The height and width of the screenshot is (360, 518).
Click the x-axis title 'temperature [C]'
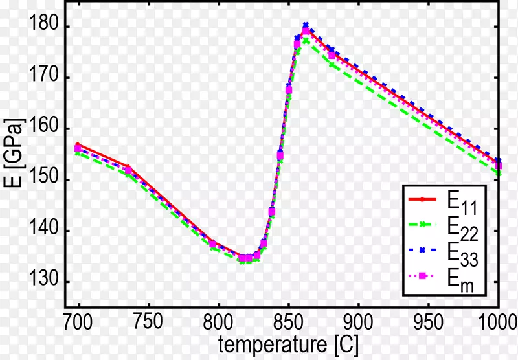coord(288,343)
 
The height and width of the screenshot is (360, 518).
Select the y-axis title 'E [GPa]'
coord(14,155)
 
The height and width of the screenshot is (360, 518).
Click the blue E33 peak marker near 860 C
coord(306,25)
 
